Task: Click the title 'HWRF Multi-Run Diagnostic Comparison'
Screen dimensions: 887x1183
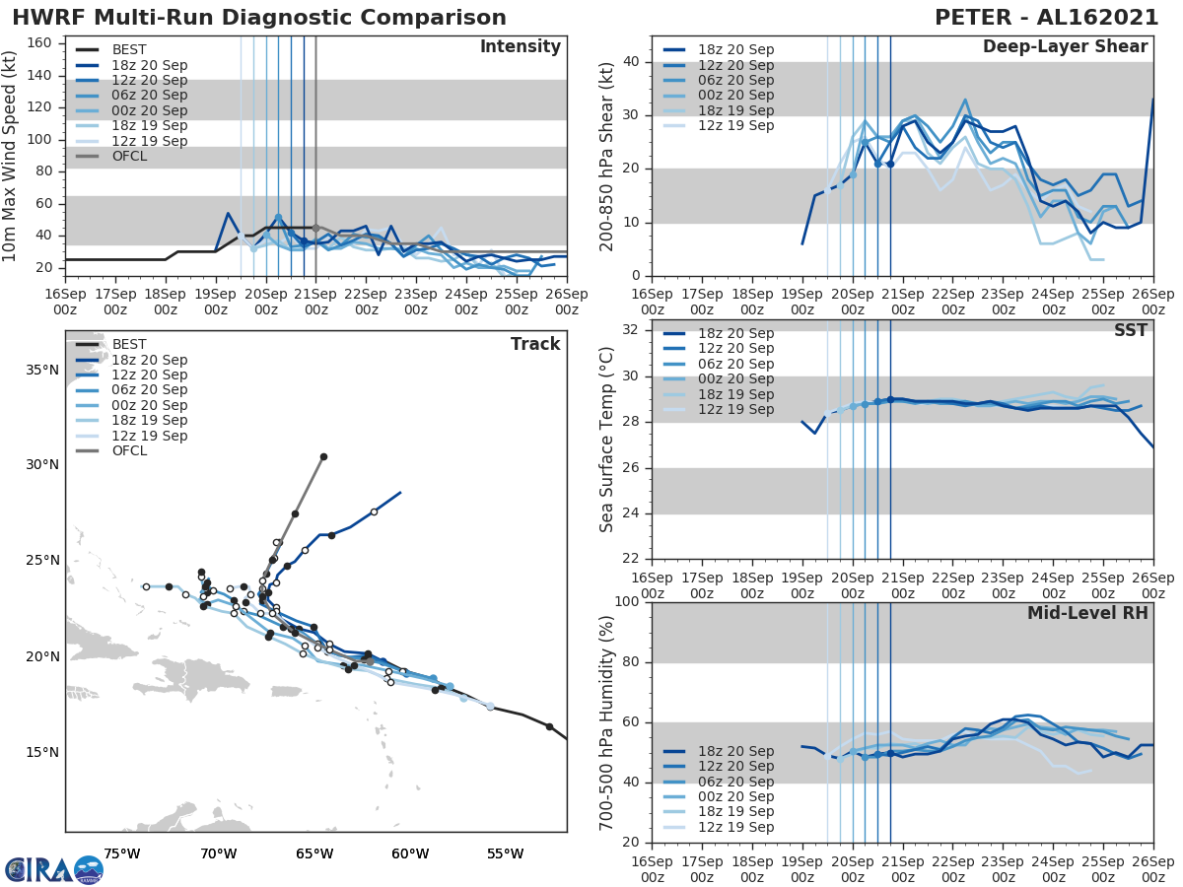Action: click(x=259, y=18)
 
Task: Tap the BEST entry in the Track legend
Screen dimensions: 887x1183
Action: click(x=130, y=344)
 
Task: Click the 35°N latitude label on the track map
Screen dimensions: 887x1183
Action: click(x=40, y=370)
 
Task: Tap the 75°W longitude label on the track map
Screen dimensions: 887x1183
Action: click(x=122, y=854)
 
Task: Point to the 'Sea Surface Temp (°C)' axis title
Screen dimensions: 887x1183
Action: click(x=607, y=439)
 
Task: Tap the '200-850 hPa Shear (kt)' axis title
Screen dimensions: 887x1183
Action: click(x=607, y=156)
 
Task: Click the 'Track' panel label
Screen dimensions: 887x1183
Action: click(x=535, y=344)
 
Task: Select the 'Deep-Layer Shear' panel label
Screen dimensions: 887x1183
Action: click(x=1065, y=47)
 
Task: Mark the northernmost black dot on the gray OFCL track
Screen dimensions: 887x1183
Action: click(x=323, y=456)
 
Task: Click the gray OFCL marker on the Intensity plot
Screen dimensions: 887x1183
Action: click(x=315, y=228)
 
